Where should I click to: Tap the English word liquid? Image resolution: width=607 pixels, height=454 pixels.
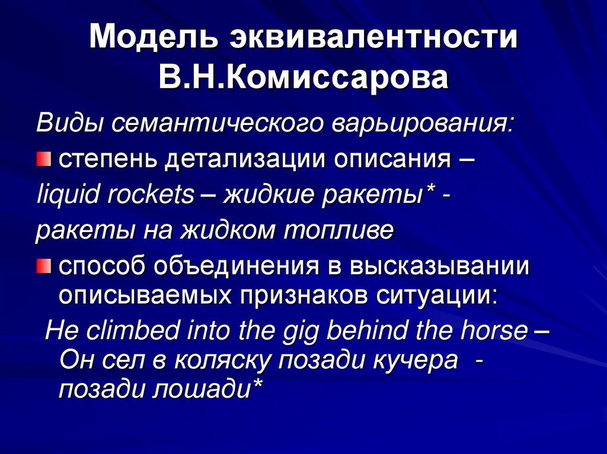tap(65, 195)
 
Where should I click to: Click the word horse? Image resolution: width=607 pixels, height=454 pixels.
tap(495, 329)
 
